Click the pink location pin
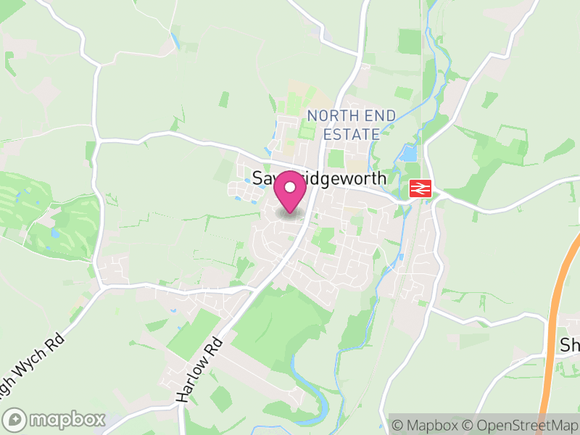click(x=290, y=193)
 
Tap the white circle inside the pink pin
click(x=290, y=187)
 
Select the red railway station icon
click(x=420, y=188)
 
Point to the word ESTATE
click(x=352, y=134)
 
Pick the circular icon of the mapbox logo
click(x=15, y=419)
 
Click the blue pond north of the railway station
click(x=409, y=154)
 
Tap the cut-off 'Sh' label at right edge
click(x=569, y=345)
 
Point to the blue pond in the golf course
click(x=56, y=234)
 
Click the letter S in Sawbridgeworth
click(x=257, y=178)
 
